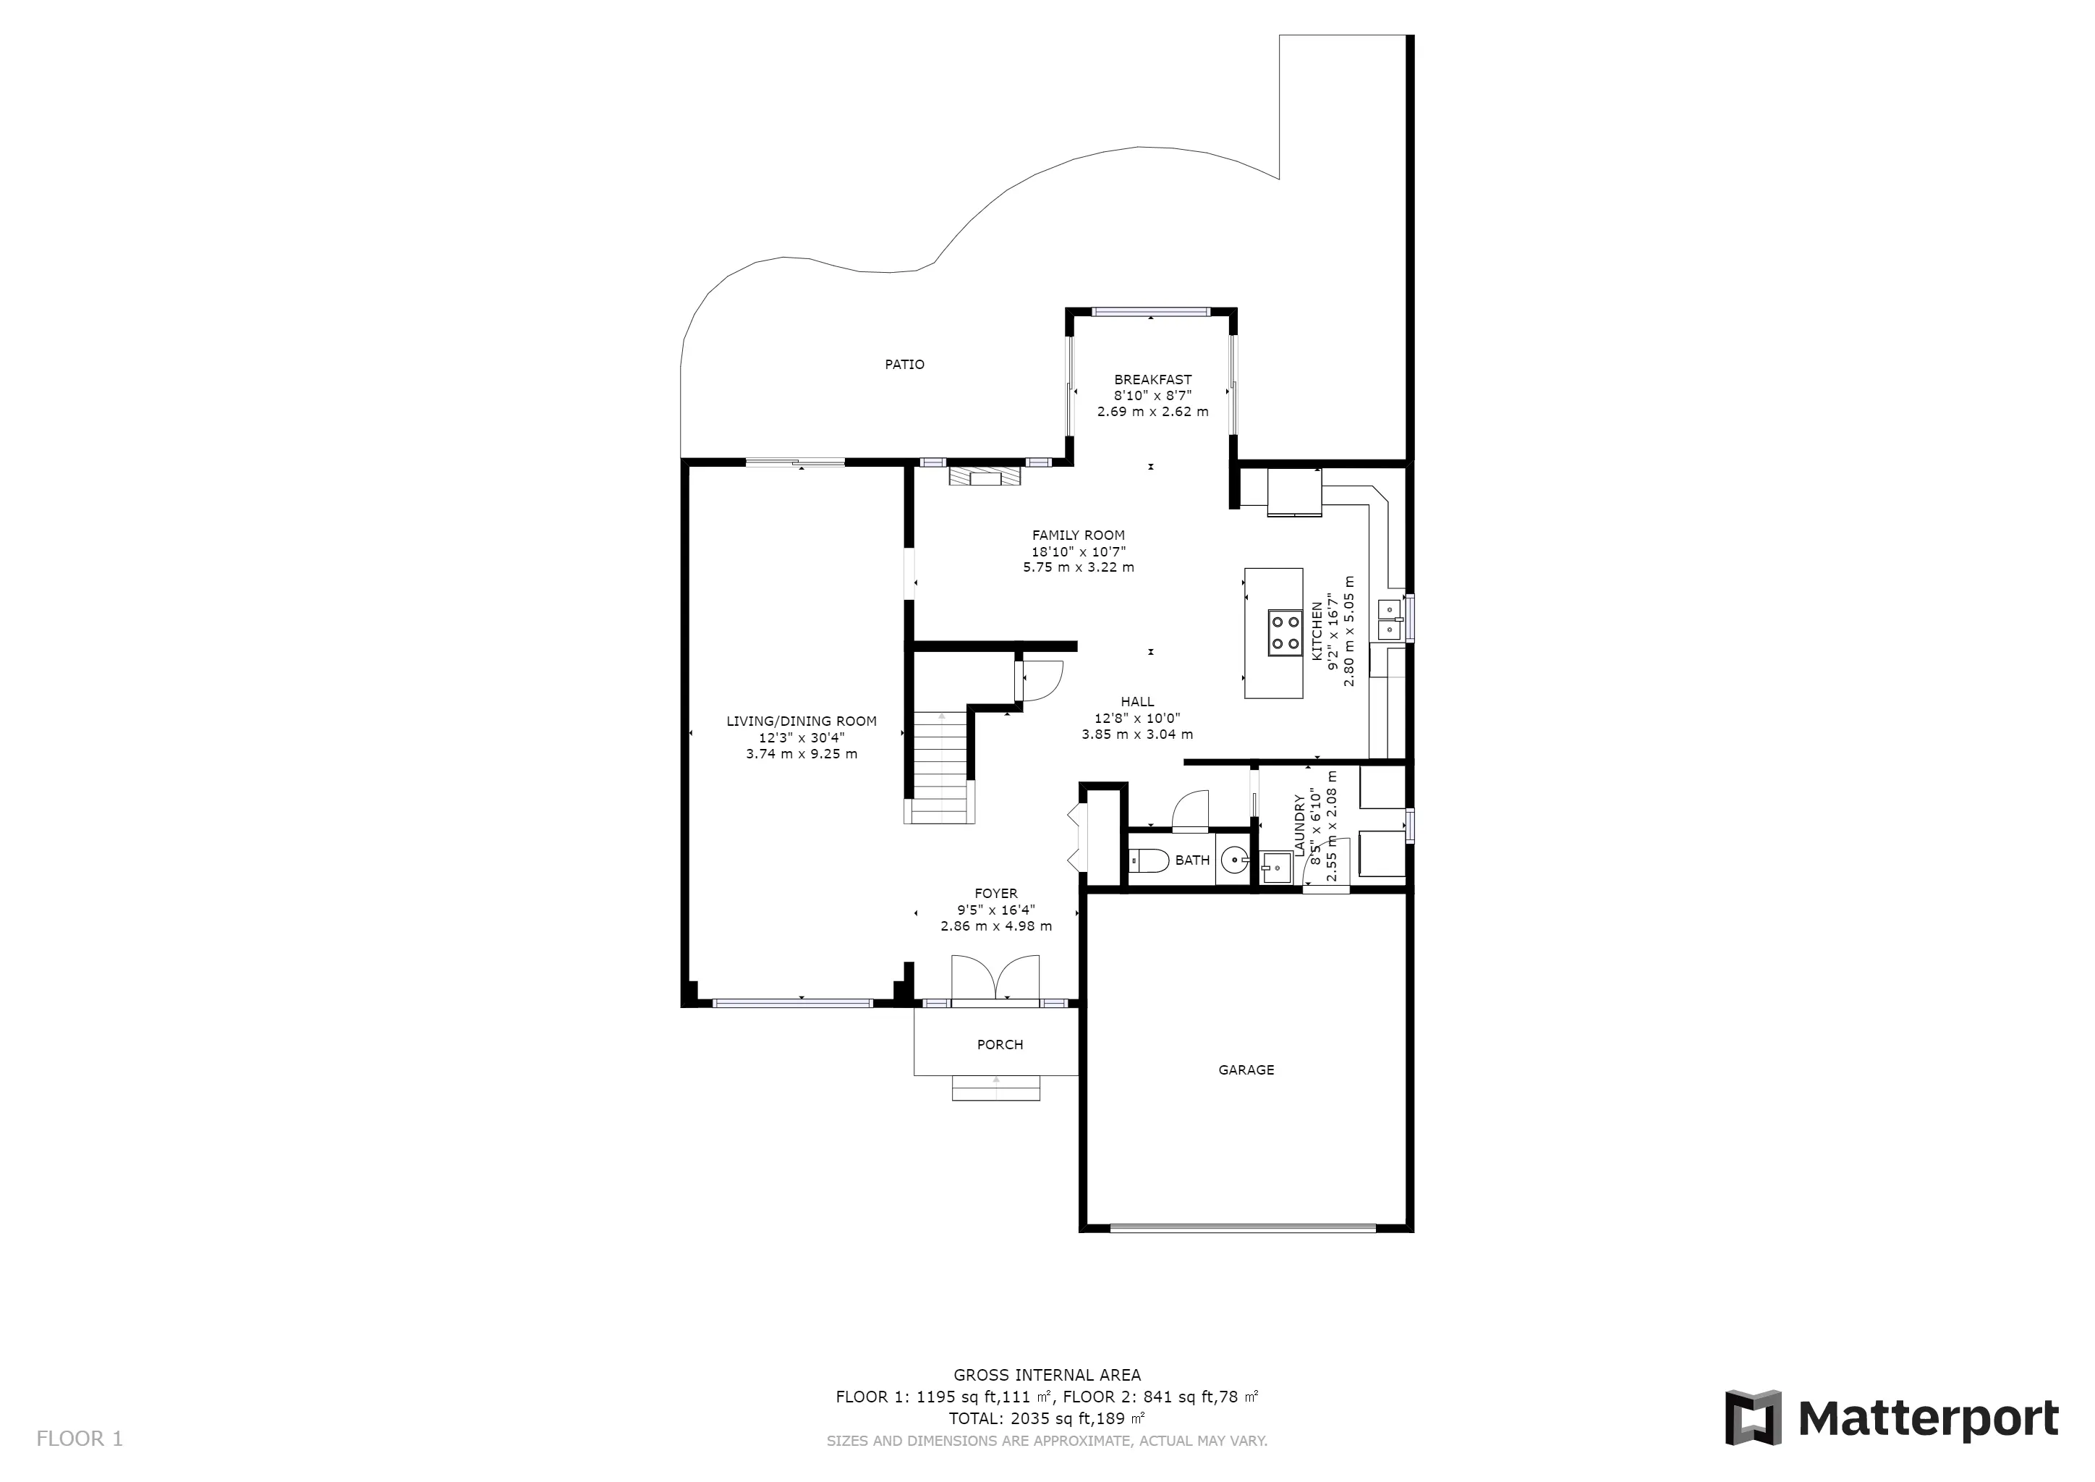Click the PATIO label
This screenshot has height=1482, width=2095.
click(x=904, y=364)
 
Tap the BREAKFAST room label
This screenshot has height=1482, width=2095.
click(x=1152, y=380)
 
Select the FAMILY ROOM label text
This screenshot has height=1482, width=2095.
click(x=1079, y=535)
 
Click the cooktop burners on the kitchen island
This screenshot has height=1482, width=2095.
click(x=1285, y=633)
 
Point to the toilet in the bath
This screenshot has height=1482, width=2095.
click(x=1149, y=860)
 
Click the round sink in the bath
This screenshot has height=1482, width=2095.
click(x=1235, y=860)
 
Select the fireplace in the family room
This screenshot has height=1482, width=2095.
click(x=985, y=476)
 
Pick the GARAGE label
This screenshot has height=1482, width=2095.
click(x=1246, y=1070)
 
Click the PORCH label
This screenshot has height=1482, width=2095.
click(x=1000, y=1045)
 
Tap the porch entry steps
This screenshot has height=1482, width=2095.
click(x=995, y=1088)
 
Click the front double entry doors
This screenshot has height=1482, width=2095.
click(x=995, y=979)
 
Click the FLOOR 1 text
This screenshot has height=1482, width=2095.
click(x=80, y=1439)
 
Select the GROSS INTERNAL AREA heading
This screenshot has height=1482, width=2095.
click(x=1047, y=1375)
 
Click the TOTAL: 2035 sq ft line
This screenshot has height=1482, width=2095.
click(x=1047, y=1419)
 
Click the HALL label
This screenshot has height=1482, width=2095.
click(x=1137, y=702)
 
